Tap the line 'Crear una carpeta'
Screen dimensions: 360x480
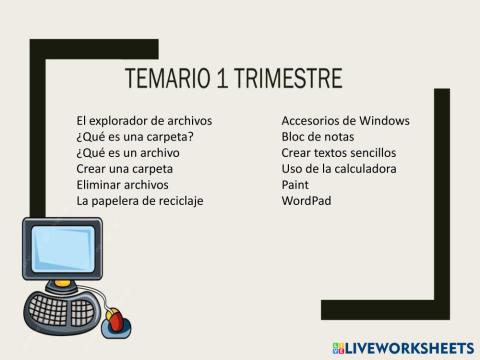point(124,169)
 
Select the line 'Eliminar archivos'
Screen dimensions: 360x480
point(122,185)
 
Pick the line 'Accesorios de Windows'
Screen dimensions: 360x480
point(345,121)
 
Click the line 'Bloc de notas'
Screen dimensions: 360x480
point(317,137)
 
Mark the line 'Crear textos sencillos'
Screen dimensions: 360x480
point(339,153)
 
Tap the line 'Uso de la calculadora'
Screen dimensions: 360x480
point(339,169)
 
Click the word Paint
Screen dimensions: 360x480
point(295,185)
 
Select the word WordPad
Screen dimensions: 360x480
point(306,201)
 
